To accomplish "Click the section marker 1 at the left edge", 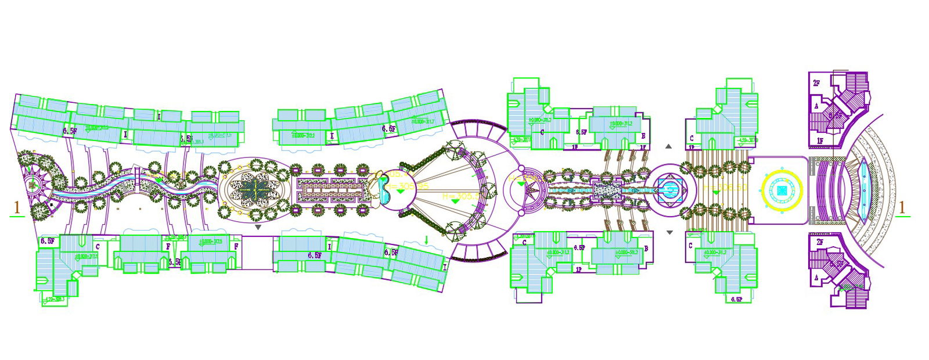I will click(17, 207).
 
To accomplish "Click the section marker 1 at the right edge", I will click(902, 207).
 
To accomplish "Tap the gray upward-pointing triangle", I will click(668, 147).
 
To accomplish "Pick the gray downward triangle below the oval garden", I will click(258, 228).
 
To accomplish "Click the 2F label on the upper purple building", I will click(816, 84).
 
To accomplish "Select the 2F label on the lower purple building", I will click(819, 242).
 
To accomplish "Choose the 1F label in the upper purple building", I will click(820, 141).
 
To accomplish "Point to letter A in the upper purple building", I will click(816, 106).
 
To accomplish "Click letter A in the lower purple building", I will click(816, 278).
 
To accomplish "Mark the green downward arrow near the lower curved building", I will click(427, 240).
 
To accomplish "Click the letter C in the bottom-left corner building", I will click(98, 247).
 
